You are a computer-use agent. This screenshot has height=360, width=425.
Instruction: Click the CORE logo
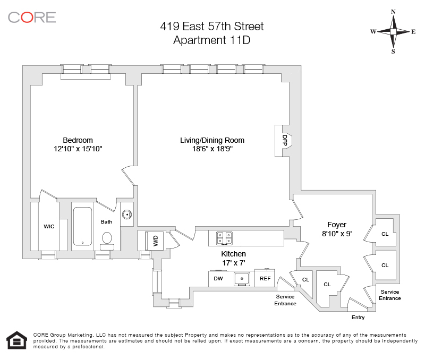[x=32, y=17]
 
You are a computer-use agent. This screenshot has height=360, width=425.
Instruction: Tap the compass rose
[x=393, y=31]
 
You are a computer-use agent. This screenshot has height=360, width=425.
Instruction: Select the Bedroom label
[x=78, y=140]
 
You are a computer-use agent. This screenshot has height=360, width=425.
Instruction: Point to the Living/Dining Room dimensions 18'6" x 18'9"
[x=212, y=149]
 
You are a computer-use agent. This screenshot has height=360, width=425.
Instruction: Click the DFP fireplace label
[x=284, y=140]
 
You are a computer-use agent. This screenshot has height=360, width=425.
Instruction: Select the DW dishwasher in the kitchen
[x=218, y=278]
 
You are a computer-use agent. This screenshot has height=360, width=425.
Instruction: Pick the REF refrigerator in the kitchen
[x=264, y=278]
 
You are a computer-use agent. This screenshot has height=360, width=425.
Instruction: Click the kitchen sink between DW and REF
[x=242, y=278]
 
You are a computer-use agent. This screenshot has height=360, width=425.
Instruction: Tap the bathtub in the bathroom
[x=82, y=226]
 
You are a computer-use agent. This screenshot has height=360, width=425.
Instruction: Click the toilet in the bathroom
[x=107, y=238]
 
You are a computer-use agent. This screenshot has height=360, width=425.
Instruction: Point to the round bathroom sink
[x=127, y=215]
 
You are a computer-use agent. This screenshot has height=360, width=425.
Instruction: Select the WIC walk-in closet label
[x=49, y=226]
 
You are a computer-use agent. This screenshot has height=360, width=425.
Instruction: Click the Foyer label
[x=337, y=225]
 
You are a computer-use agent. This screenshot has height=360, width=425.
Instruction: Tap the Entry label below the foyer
[x=358, y=318]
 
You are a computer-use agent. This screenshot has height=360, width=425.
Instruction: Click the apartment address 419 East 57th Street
[x=212, y=26]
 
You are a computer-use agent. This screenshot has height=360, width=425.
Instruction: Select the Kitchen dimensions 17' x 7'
[x=233, y=263]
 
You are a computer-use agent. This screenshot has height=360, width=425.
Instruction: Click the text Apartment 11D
[x=212, y=40]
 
